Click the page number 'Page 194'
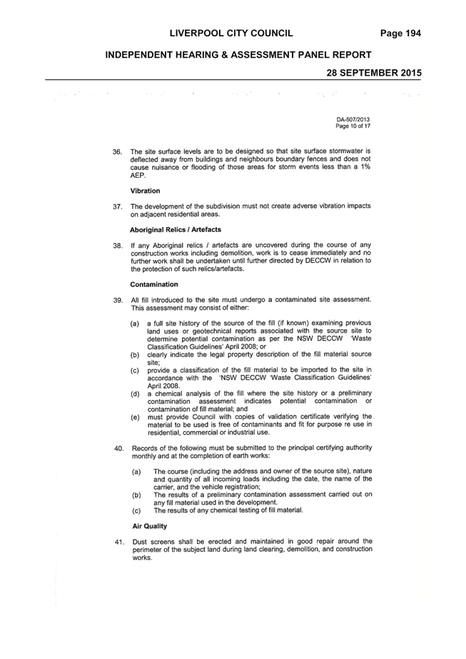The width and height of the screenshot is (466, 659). pos(400,34)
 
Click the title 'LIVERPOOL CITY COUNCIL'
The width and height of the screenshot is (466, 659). pos(231,34)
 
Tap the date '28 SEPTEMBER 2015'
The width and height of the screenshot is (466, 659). pos(374,73)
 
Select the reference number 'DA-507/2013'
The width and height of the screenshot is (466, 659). pos(353,120)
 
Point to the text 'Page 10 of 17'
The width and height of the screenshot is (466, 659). pos(353,126)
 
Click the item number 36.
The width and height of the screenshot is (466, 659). pos(117,152)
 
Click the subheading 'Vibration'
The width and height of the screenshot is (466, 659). pos(145,191)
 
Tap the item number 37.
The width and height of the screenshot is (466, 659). pos(117,207)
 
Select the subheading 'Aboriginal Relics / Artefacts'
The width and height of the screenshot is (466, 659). pos(176,230)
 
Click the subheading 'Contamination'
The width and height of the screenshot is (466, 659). pos(154,285)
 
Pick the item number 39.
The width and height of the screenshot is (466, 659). pos(118,301)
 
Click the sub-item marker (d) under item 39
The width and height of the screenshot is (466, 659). pos(135,394)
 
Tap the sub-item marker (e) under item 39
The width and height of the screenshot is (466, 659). pos(135,418)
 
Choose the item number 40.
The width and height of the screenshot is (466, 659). pos(119,448)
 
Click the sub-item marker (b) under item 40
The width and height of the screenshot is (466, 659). pos(136,495)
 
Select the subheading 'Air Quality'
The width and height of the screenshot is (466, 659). pos(149,526)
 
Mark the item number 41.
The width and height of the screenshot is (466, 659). pos(119,542)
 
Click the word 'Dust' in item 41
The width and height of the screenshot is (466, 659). pos(139,542)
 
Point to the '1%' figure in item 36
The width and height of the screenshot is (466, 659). pos(365,167)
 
